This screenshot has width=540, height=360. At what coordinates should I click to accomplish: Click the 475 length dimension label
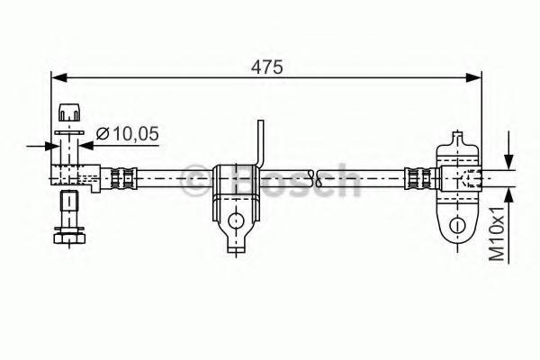point(267,67)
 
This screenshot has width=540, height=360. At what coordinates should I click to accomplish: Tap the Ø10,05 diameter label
point(128,133)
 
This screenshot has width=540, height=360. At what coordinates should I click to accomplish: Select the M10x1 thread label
point(497,233)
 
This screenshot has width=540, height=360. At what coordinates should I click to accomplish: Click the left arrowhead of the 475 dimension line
point(58,78)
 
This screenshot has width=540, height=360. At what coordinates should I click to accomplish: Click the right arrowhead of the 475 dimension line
point(473,78)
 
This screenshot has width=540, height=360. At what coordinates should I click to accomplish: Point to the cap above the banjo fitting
point(69,112)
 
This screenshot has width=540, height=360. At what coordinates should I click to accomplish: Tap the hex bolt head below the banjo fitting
point(69,238)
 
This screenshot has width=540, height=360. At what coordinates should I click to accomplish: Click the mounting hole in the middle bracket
point(236,220)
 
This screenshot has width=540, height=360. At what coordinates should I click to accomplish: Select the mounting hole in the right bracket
point(457,226)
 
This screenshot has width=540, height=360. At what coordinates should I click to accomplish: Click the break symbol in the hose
point(316,178)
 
